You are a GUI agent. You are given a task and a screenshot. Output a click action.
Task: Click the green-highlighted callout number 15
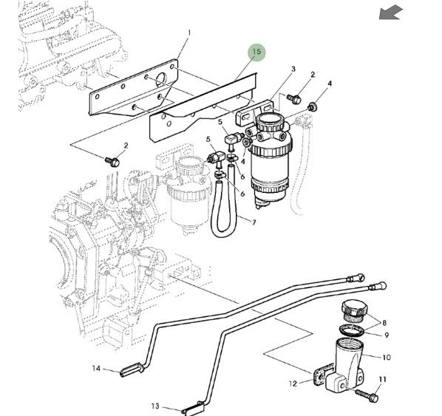click(x=256, y=52)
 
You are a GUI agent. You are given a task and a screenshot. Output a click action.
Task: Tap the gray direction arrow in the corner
click(x=391, y=13)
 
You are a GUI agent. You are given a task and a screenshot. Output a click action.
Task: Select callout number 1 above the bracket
click(x=189, y=33)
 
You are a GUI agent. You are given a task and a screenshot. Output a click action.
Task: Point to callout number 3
click(x=293, y=69)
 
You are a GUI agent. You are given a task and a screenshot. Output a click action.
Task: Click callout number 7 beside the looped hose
click(x=254, y=222)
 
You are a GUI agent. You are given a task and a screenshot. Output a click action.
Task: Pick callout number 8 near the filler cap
click(x=384, y=322)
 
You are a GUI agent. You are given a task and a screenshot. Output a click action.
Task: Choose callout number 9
click(x=387, y=335)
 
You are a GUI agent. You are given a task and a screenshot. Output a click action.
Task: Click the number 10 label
click(x=387, y=358)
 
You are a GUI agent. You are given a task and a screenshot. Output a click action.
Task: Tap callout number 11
click(x=382, y=379)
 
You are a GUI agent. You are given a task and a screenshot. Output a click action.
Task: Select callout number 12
click(x=293, y=383)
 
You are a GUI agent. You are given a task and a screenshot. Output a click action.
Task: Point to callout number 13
click(x=155, y=406)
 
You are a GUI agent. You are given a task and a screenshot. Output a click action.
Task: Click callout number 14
click(x=96, y=369)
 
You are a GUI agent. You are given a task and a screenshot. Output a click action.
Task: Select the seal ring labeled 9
click(x=352, y=330)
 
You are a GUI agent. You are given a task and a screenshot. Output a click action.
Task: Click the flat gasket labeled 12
click(x=323, y=375)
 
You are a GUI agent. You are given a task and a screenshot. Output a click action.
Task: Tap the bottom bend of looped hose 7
click(x=222, y=233)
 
